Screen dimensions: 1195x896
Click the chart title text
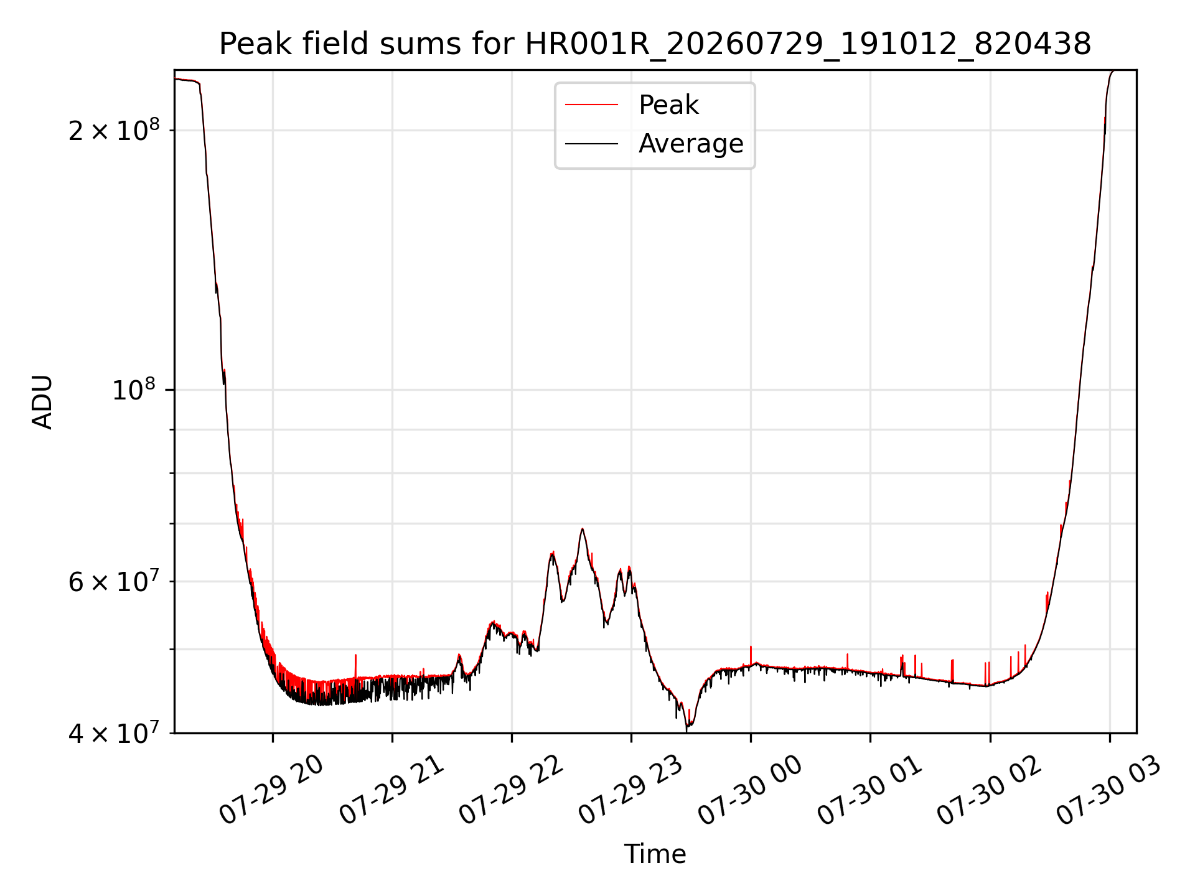[655, 44]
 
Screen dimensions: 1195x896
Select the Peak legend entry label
[668, 105]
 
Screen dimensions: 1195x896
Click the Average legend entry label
[691, 144]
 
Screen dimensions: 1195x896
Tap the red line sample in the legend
[591, 105]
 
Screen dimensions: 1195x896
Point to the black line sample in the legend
[591, 144]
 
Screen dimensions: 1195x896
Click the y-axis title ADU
[42, 402]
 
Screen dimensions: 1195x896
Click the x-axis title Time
[655, 854]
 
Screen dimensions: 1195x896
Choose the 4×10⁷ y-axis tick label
[114, 732]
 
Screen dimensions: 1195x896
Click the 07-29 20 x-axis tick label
[271, 790]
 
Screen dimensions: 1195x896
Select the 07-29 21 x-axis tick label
[391, 790]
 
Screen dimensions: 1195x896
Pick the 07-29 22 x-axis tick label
[511, 790]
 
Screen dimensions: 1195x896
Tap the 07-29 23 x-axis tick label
[630, 790]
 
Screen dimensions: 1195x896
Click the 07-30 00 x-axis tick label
[750, 790]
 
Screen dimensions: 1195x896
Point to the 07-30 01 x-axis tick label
[869, 790]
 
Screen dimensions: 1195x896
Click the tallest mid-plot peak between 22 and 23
[582, 530]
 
